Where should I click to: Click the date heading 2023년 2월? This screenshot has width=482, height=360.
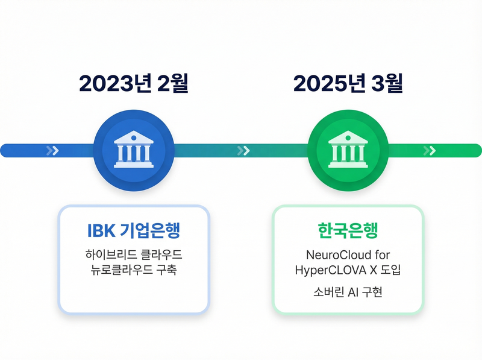(134, 84)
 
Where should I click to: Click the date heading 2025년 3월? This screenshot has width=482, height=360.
(348, 84)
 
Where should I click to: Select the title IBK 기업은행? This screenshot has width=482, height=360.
(134, 230)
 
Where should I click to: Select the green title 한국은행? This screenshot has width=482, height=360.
(348, 230)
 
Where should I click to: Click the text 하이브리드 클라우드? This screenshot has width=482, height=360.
(134, 254)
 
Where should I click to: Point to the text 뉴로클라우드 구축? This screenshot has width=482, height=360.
(134, 270)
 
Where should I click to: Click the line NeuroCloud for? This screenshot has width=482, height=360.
(348, 254)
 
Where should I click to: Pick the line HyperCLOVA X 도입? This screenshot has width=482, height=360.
(348, 270)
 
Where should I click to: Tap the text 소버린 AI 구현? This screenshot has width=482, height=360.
(348, 293)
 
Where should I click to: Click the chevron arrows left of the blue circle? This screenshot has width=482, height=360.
(53, 151)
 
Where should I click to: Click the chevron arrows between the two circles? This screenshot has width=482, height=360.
(243, 151)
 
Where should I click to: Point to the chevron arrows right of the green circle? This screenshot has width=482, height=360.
(430, 151)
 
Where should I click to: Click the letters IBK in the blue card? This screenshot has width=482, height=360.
(100, 230)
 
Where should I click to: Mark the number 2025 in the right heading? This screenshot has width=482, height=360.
(317, 84)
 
